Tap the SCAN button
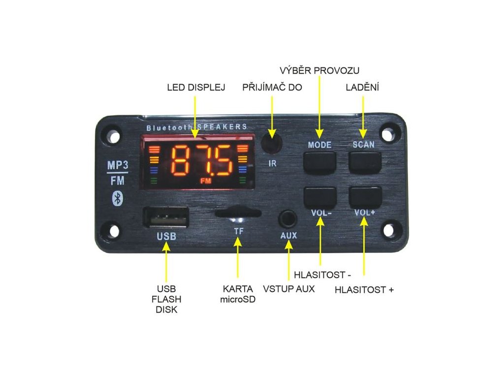pyautogui.click(x=365, y=162)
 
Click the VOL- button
pyautogui.click(x=320, y=196)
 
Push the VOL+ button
pyautogui.click(x=365, y=196)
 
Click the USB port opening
pyautogui.click(x=166, y=217)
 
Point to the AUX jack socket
pyautogui.click(x=288, y=218)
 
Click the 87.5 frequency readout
pyautogui.click(x=201, y=161)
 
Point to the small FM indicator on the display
pyautogui.click(x=206, y=182)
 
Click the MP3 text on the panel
pyautogui.click(x=118, y=164)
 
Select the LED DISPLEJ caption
pyautogui.click(x=196, y=88)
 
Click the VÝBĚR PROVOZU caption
pyautogui.click(x=319, y=70)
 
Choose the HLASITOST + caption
pyautogui.click(x=364, y=290)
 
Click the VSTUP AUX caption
pyautogui.click(x=289, y=288)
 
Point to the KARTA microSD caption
pyautogui.click(x=238, y=294)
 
